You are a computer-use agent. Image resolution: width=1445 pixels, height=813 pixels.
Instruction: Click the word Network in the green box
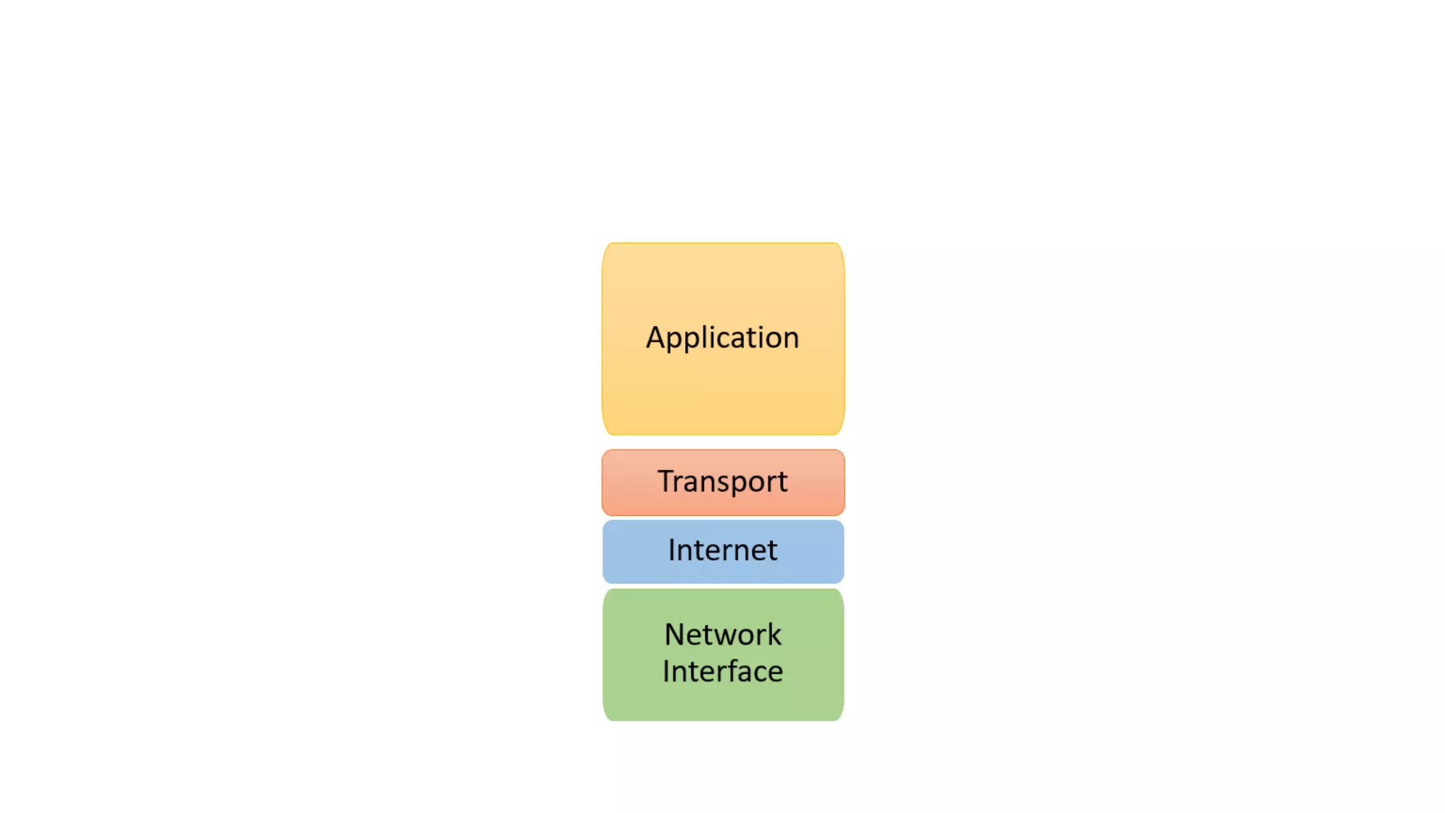722,634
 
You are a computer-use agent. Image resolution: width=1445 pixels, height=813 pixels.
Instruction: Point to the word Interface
722,671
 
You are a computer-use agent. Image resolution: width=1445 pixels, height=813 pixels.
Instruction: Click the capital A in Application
656,337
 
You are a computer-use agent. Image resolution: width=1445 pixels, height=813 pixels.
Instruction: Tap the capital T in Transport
667,481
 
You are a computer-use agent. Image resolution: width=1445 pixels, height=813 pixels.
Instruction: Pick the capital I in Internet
672,550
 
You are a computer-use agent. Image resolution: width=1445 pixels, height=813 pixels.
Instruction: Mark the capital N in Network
675,634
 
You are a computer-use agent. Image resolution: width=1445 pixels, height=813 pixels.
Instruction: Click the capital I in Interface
666,671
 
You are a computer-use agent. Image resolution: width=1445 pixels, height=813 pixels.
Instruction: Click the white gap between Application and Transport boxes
722,442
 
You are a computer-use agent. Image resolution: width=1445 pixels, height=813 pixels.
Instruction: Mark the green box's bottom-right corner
840,717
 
